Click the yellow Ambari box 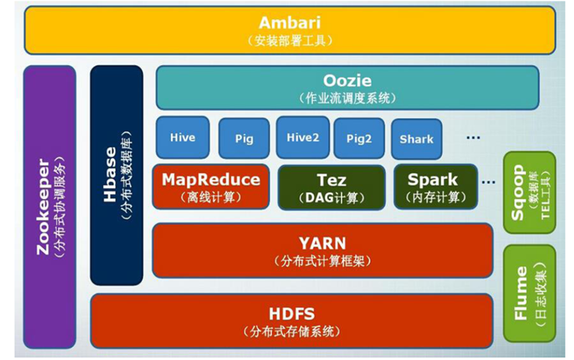pyautogui.click(x=290, y=30)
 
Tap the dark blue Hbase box pyautogui.click(x=116, y=175)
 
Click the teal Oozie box pyautogui.click(x=347, y=87)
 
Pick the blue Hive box pyautogui.click(x=183, y=138)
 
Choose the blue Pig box pyautogui.click(x=244, y=138)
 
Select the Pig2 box pyautogui.click(x=359, y=138)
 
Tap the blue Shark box pyautogui.click(x=416, y=139)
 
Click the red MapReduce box pyautogui.click(x=211, y=187)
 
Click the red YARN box pyautogui.click(x=322, y=249)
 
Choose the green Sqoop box pyautogui.click(x=530, y=193)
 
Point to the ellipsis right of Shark pyautogui.click(x=473, y=138)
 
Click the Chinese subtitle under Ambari pyautogui.click(x=290, y=40)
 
